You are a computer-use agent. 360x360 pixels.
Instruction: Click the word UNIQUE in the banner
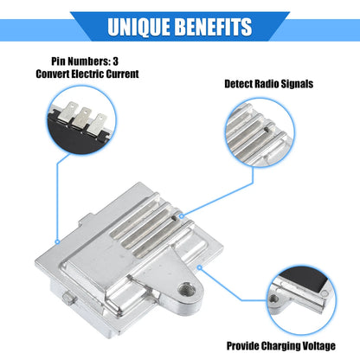tap(138, 27)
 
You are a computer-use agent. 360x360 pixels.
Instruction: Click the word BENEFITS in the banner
tap(214, 27)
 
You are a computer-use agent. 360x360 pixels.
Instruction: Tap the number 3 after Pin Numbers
tap(115, 61)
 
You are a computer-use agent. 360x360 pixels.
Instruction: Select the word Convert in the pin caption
tap(52, 74)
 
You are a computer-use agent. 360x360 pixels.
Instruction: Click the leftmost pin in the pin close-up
tap(67, 112)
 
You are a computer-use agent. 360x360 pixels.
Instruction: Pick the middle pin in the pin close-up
tap(81, 118)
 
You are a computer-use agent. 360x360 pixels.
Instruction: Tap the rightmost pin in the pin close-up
tap(97, 125)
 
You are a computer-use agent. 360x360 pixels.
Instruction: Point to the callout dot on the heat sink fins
tap(182, 216)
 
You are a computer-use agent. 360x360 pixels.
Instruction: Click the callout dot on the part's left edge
tap(57, 241)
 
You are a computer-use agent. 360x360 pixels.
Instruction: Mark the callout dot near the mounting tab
tap(199, 267)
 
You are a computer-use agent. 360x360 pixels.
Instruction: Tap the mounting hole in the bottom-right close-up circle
tap(273, 299)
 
